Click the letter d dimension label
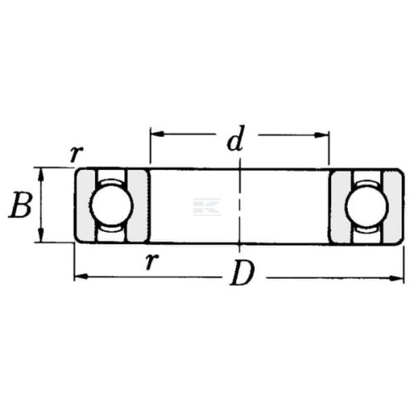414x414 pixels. [x=235, y=138]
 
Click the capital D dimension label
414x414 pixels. [x=242, y=272]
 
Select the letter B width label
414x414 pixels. [x=20, y=205]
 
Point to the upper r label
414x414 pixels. [x=76, y=154]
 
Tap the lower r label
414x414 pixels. [x=152, y=261]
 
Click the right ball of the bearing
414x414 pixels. [x=367, y=206]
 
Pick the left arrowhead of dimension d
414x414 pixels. [x=156, y=134]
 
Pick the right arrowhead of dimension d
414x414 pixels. [x=322, y=135]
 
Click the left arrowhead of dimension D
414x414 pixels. [x=81, y=276]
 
